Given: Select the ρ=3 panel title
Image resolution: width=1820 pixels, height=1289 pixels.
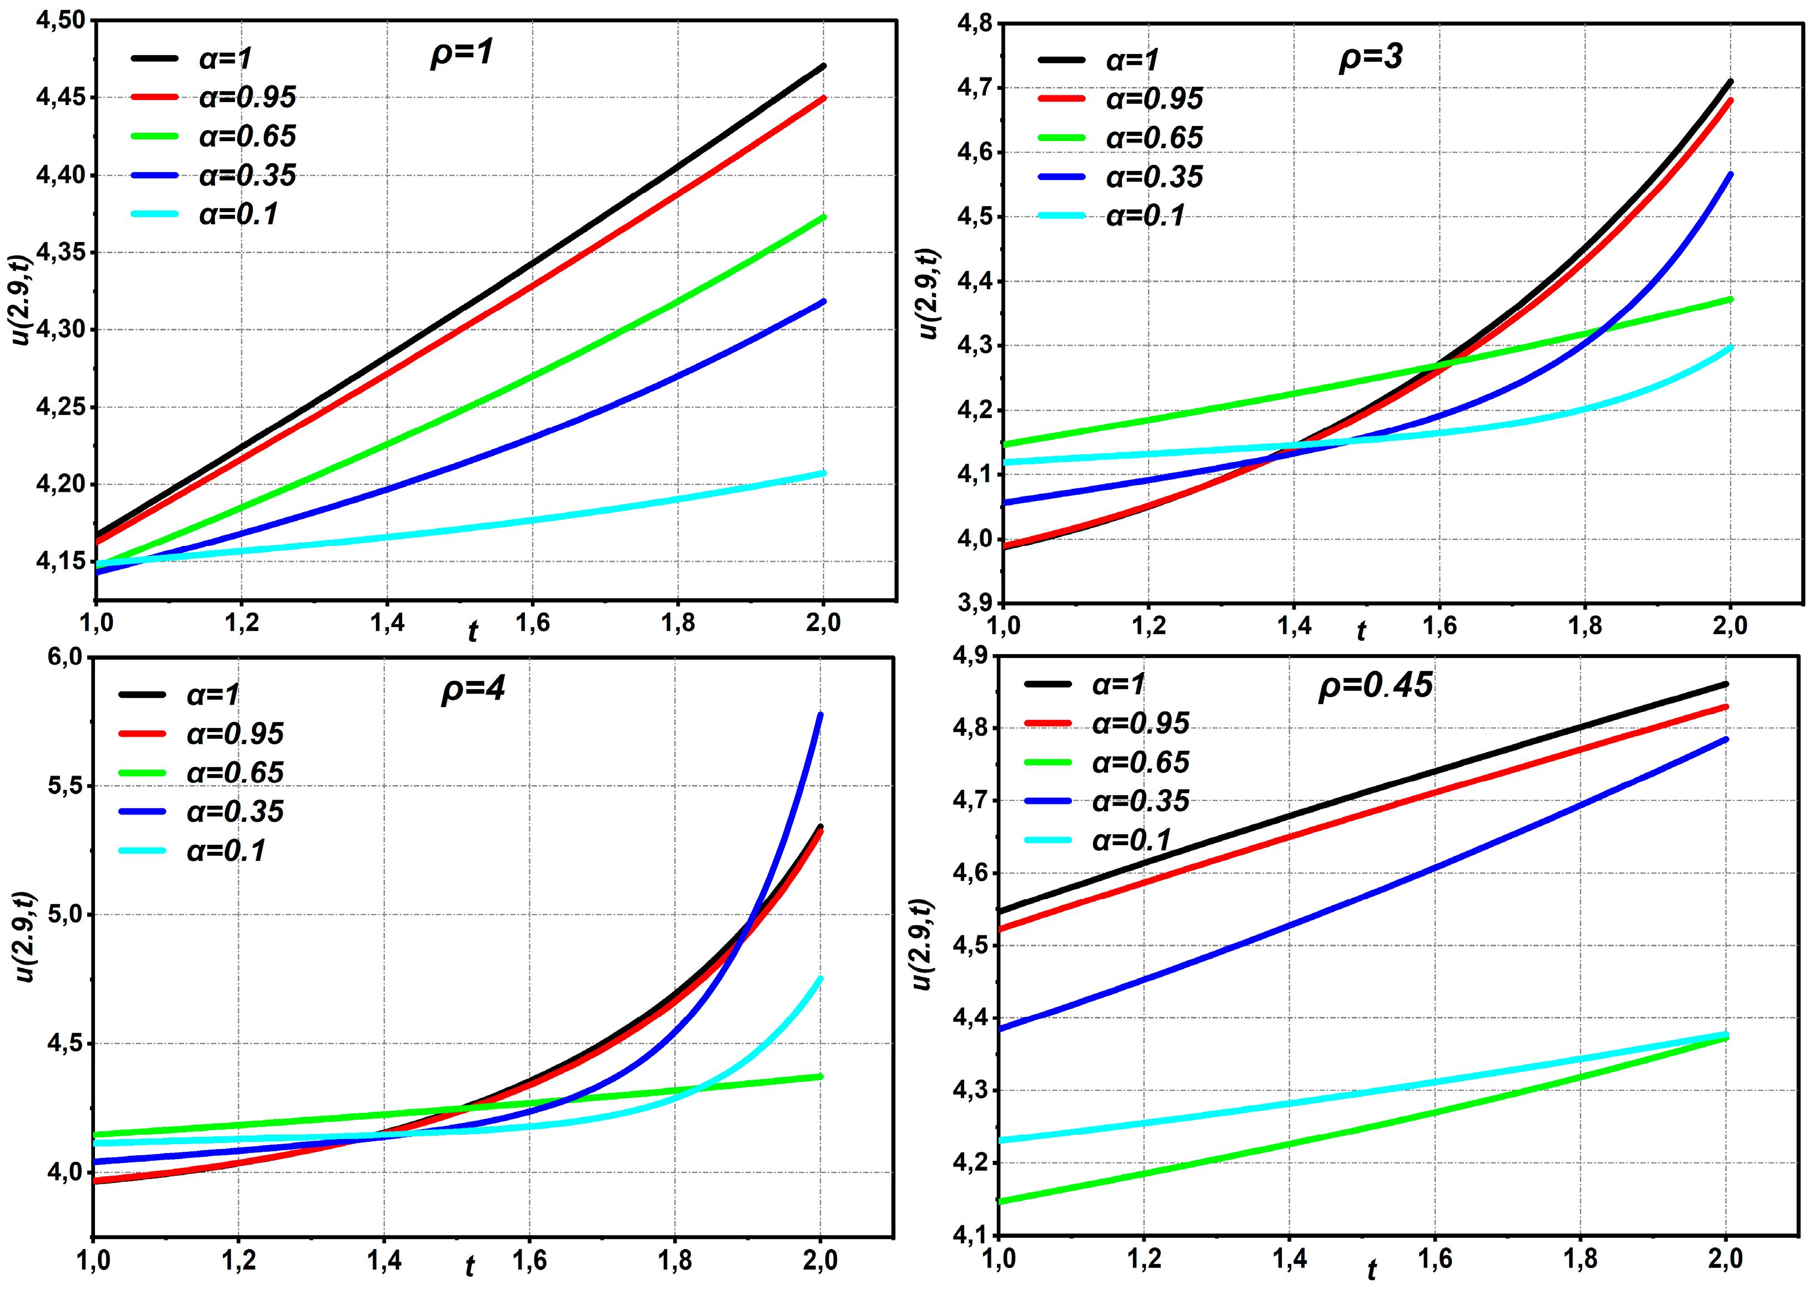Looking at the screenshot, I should (x=1371, y=58).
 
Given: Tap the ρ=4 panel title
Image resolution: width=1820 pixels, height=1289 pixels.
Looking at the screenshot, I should (x=473, y=689).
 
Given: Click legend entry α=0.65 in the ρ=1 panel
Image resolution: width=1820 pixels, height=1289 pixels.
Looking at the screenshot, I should (x=247, y=137).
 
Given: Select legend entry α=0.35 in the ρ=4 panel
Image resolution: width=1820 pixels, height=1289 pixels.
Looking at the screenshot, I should (x=235, y=812).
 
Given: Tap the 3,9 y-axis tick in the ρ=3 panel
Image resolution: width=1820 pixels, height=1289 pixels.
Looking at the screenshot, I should (x=975, y=603).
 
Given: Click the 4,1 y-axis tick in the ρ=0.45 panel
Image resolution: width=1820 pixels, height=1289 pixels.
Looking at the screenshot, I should (x=969, y=1235).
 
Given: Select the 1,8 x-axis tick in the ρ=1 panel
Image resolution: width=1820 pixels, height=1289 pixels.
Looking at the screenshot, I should (x=678, y=624).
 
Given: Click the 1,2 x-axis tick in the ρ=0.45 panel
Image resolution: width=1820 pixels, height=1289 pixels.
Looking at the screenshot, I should (x=1144, y=1259).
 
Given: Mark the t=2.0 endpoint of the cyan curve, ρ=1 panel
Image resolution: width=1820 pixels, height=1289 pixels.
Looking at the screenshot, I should (x=823, y=474).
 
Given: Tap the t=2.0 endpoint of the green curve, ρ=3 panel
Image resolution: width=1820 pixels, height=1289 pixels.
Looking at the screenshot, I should (x=1731, y=300).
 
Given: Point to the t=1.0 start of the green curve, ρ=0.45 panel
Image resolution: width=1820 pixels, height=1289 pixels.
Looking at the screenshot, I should (x=1001, y=1202).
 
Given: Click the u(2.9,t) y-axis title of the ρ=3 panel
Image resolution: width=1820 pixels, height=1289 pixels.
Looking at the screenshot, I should (x=929, y=294).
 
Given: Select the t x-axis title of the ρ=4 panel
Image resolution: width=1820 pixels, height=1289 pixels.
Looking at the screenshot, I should (x=470, y=1267).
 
